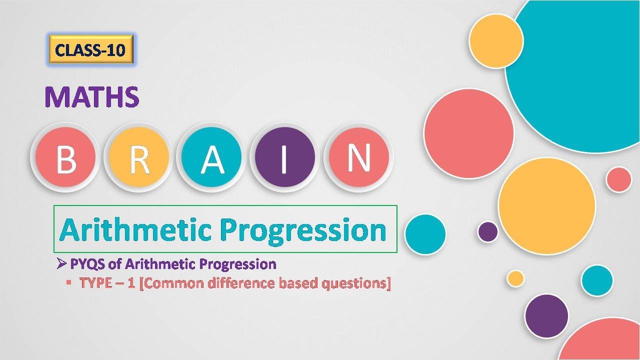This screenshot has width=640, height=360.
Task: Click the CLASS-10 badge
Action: (x=90, y=50)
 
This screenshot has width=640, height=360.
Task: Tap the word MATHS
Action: (x=92, y=97)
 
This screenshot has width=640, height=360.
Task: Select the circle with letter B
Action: (x=65, y=157)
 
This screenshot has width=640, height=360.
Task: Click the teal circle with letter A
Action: (x=212, y=157)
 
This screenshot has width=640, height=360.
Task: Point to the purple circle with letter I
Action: (x=285, y=157)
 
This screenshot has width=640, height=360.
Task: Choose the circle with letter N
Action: (x=358, y=157)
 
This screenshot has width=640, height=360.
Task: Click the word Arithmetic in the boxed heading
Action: (x=135, y=230)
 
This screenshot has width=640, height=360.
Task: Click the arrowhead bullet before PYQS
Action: (x=62, y=263)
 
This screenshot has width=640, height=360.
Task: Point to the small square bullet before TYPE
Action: (x=68, y=282)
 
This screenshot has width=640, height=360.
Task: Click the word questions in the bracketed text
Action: (x=355, y=283)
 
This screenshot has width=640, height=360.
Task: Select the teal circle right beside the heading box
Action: (x=425, y=234)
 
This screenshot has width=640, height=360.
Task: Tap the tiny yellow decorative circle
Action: (x=515, y=278)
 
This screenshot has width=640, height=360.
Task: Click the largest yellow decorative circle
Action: (x=546, y=206)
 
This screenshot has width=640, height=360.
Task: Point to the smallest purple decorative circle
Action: (x=488, y=231)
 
